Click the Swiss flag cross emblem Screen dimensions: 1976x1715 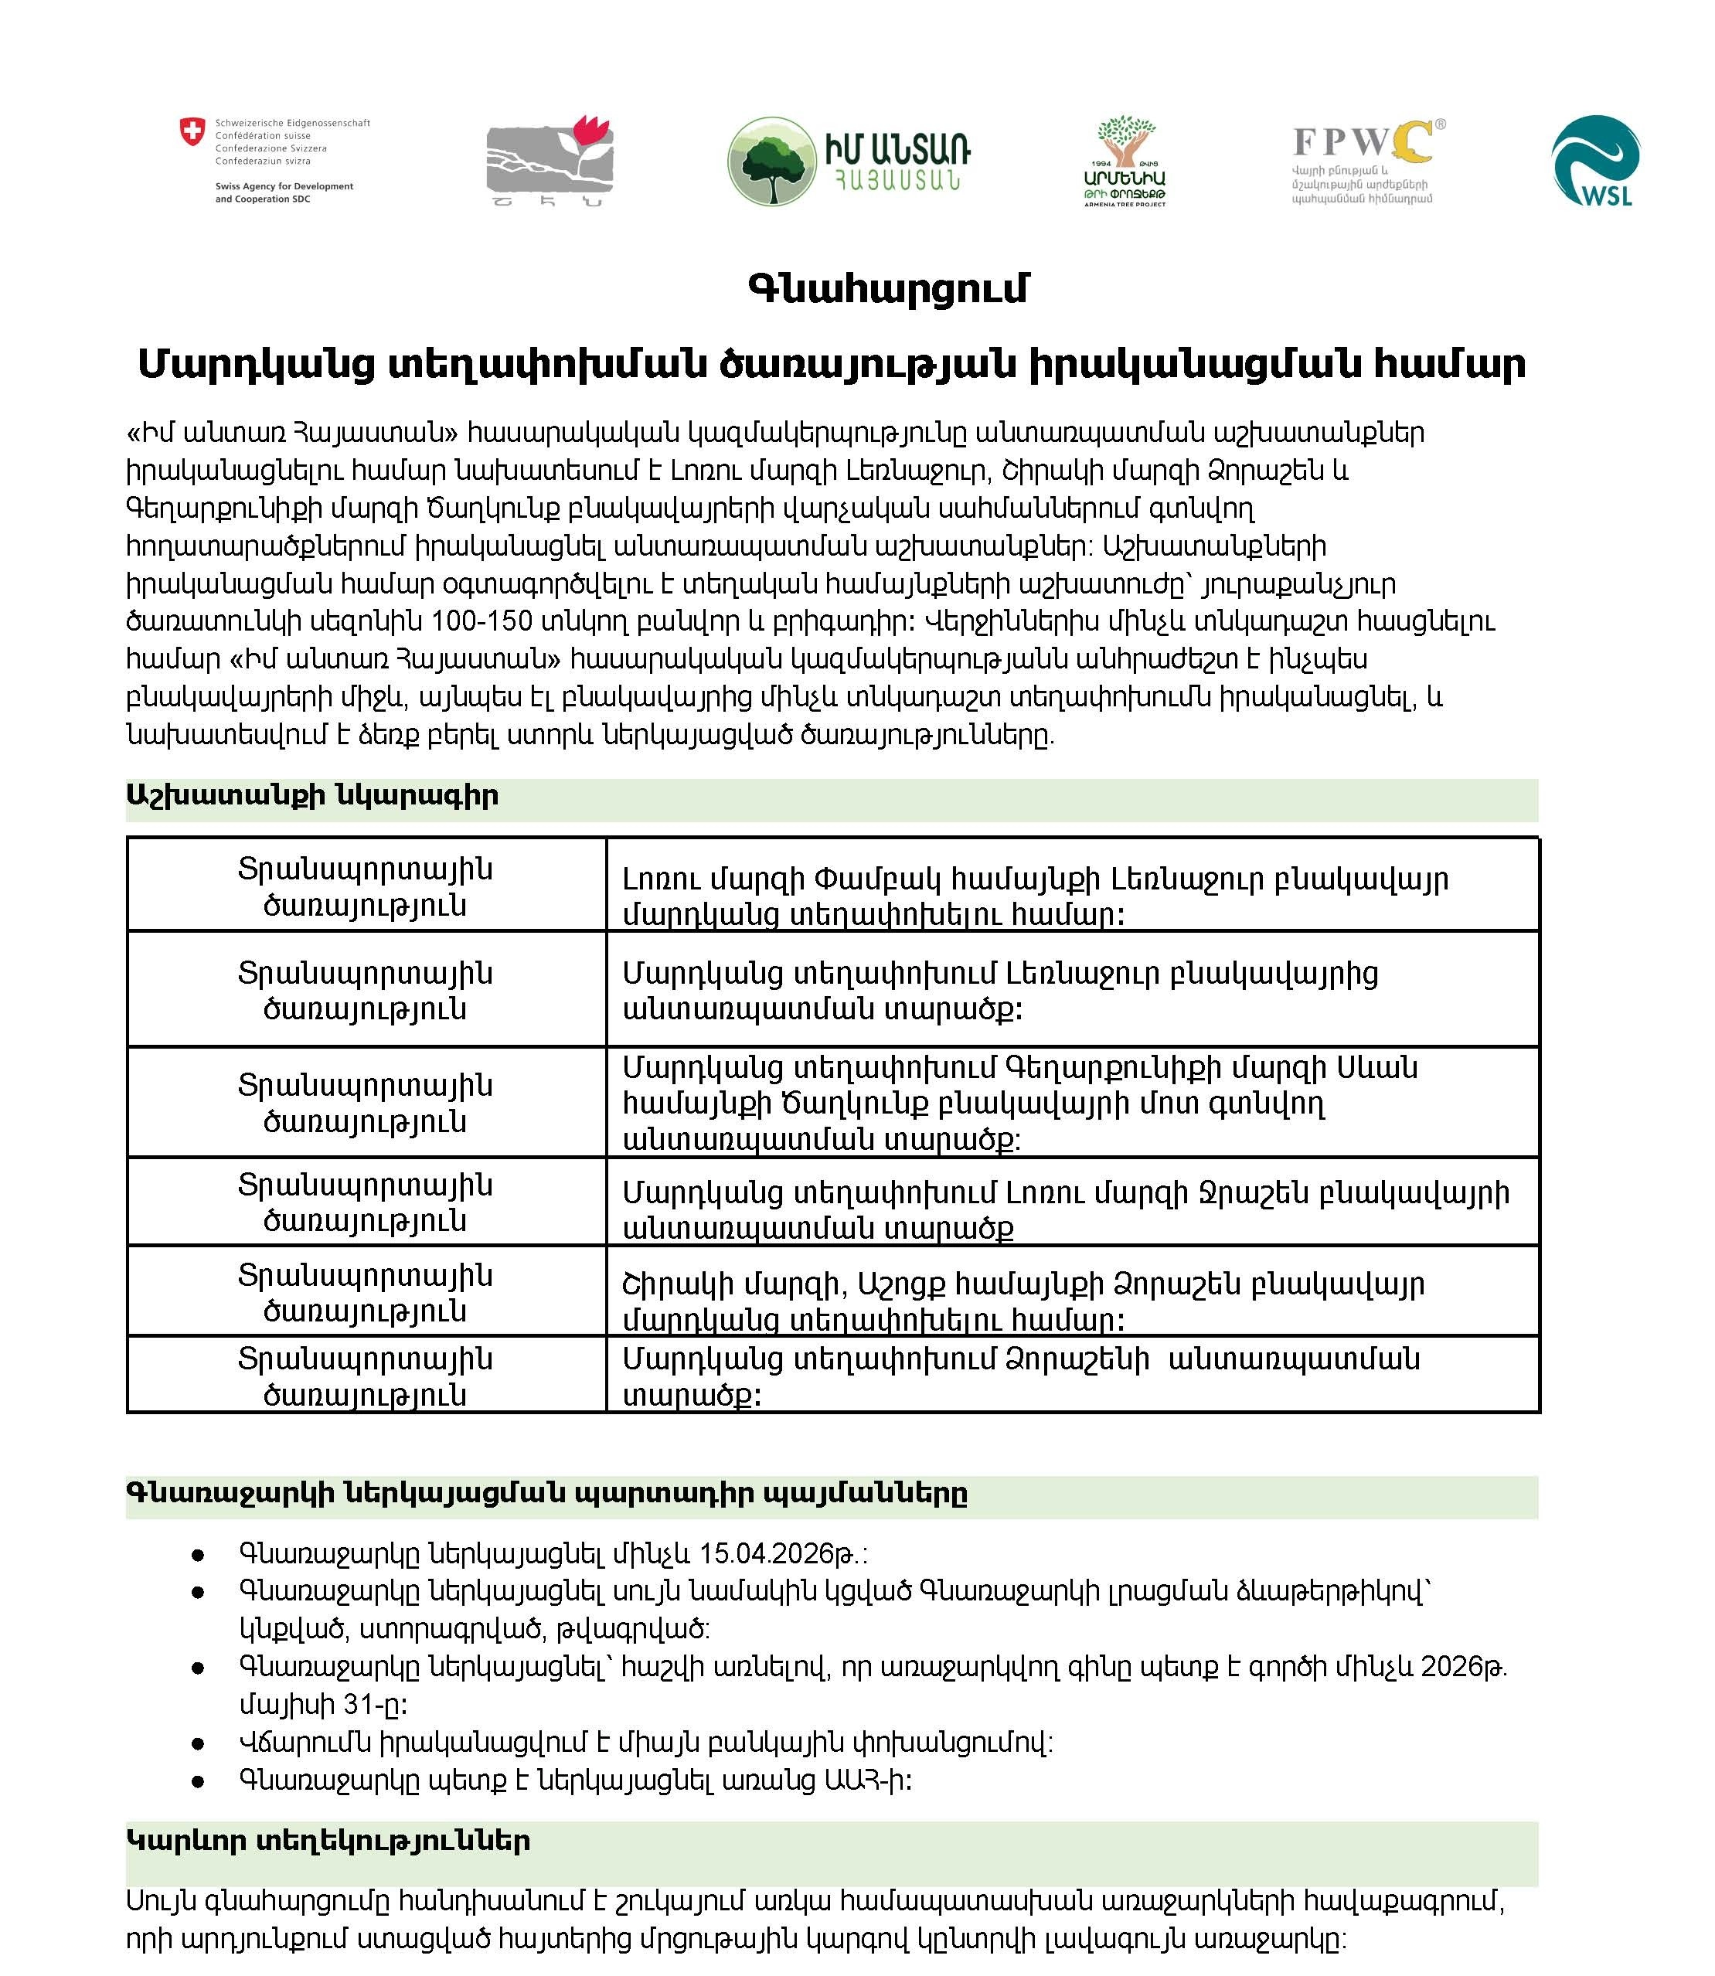click(192, 131)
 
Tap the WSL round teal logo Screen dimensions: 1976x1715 click(1595, 161)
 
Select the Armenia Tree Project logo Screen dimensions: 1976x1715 click(1125, 161)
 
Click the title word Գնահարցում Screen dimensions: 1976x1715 click(887, 287)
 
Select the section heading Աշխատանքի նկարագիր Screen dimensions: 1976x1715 click(313, 796)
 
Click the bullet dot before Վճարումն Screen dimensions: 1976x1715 click(198, 1743)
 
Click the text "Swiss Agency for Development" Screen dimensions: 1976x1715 click(284, 186)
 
